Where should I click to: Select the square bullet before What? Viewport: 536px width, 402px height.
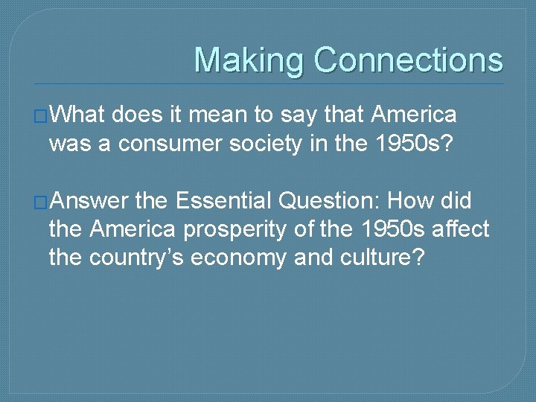point(41,117)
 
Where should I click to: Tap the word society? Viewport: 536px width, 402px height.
point(267,144)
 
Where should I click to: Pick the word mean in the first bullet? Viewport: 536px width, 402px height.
point(220,115)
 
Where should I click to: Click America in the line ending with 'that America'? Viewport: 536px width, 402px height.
point(415,115)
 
